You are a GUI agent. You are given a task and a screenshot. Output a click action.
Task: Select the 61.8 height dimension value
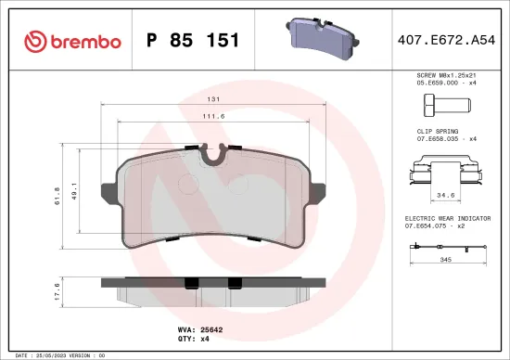pyautogui.click(x=57, y=195)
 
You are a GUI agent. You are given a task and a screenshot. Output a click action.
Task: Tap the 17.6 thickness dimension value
pyautogui.click(x=57, y=292)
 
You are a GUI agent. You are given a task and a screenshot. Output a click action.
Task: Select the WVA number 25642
pyautogui.click(x=213, y=328)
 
